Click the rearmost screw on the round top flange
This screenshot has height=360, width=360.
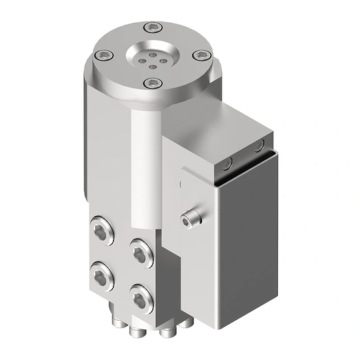153,27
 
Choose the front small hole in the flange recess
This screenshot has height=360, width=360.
153,65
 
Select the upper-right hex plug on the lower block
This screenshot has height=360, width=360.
140,251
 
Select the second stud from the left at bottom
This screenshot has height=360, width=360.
138,329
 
